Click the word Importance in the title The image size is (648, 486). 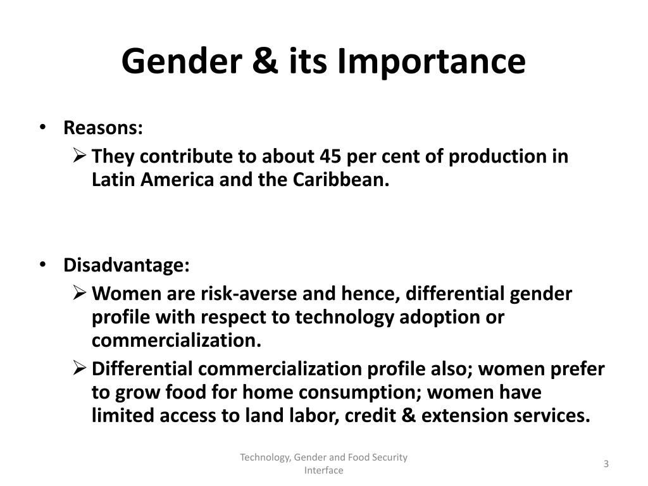tap(431, 61)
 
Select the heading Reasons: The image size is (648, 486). tap(103, 127)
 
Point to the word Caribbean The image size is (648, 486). tap(341, 179)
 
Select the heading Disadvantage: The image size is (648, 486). tap(127, 265)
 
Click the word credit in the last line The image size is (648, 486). tap(370, 415)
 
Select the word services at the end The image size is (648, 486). tap(552, 415)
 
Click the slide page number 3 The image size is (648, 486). tap(606, 464)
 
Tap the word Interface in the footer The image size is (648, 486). tap(323, 470)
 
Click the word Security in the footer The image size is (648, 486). tap(389, 458)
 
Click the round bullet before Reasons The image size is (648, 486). tap(42, 127)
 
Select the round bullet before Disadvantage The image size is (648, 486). tap(42, 265)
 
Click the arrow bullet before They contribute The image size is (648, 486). tap(79, 156)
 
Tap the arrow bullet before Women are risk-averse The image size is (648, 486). tap(79, 292)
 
